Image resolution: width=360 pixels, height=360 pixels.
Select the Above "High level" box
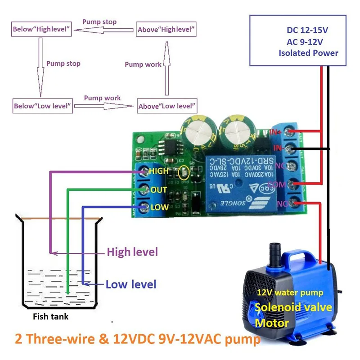click(x=166, y=30)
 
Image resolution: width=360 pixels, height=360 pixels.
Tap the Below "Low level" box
click(x=43, y=106)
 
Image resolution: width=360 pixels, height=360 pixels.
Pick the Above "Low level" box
click(x=167, y=106)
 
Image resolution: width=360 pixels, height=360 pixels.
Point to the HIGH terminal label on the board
click(x=158, y=171)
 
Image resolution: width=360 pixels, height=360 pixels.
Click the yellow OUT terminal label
click(x=159, y=190)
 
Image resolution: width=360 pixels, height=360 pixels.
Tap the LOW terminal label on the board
click(x=159, y=207)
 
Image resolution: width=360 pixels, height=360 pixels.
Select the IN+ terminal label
click(x=276, y=131)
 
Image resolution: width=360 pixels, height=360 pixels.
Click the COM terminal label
click(x=276, y=184)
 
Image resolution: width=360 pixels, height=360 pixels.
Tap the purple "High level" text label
click(x=132, y=252)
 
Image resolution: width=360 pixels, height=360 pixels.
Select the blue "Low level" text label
click(x=131, y=284)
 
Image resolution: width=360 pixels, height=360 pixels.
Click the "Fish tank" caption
click(x=51, y=317)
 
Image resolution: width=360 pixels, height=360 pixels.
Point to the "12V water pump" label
click(x=290, y=293)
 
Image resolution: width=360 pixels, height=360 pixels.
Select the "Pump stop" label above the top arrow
click(x=99, y=22)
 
